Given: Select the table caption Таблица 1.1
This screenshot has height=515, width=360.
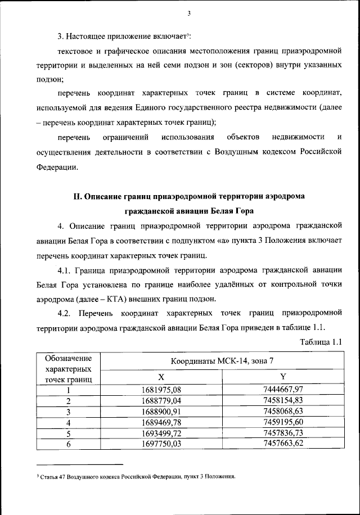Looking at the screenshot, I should [322, 342].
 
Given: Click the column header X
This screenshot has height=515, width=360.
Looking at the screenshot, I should [161, 376].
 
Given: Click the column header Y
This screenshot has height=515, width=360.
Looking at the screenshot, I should [283, 376].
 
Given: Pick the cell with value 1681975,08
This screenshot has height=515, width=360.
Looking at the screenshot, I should [161, 390].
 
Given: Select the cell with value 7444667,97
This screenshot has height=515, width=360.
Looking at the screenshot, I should [283, 390].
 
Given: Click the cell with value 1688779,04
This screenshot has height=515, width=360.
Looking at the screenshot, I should [161, 401].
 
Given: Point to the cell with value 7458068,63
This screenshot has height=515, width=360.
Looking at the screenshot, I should [283, 411].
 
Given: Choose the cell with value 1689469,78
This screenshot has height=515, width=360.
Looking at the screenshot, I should [161, 422].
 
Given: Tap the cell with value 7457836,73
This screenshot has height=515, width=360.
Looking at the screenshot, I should [283, 432].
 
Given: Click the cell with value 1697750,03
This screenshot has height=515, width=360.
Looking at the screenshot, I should [161, 444].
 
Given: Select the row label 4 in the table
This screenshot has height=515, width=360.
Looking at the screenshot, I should [68, 422].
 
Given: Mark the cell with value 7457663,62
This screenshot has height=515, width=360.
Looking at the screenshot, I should [283, 444].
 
